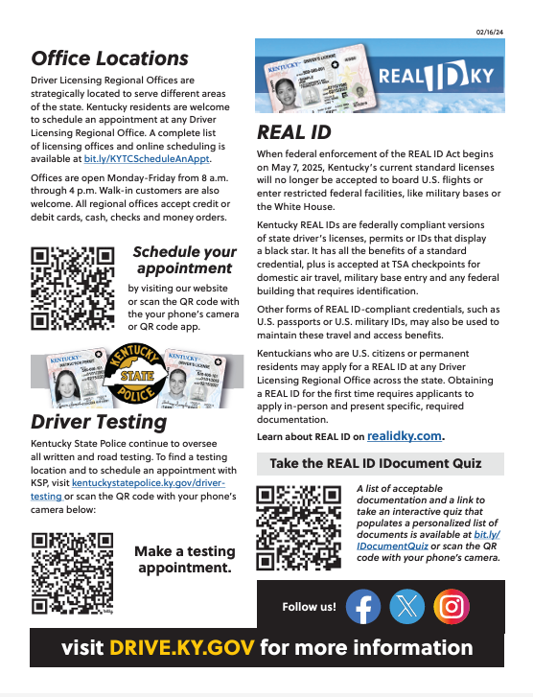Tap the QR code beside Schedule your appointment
click(73, 289)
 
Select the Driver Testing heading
click(99, 422)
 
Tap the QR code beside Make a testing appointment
click(73, 572)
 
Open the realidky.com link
click(405, 435)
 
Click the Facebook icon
click(362, 606)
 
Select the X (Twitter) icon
click(407, 606)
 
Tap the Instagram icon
click(451, 606)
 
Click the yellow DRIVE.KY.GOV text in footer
click(182, 647)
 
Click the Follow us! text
click(309, 607)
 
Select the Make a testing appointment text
click(185, 559)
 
